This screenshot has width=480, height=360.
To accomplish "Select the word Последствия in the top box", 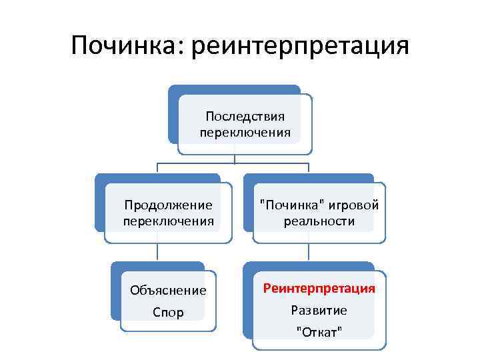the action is (245, 117).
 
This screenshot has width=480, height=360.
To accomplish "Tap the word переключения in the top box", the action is (245, 132).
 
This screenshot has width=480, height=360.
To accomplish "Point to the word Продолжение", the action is (169, 205).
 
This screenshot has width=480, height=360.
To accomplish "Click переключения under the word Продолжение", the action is (169, 220).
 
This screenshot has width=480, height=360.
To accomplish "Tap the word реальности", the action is (319, 221).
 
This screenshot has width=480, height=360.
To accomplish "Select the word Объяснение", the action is (168, 291).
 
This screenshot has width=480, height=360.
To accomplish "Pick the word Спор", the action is (168, 312).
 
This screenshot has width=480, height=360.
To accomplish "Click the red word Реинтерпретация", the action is (319, 289).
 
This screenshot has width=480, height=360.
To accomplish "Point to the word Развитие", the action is (319, 310).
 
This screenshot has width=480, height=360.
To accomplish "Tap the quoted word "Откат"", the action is (319, 331).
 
